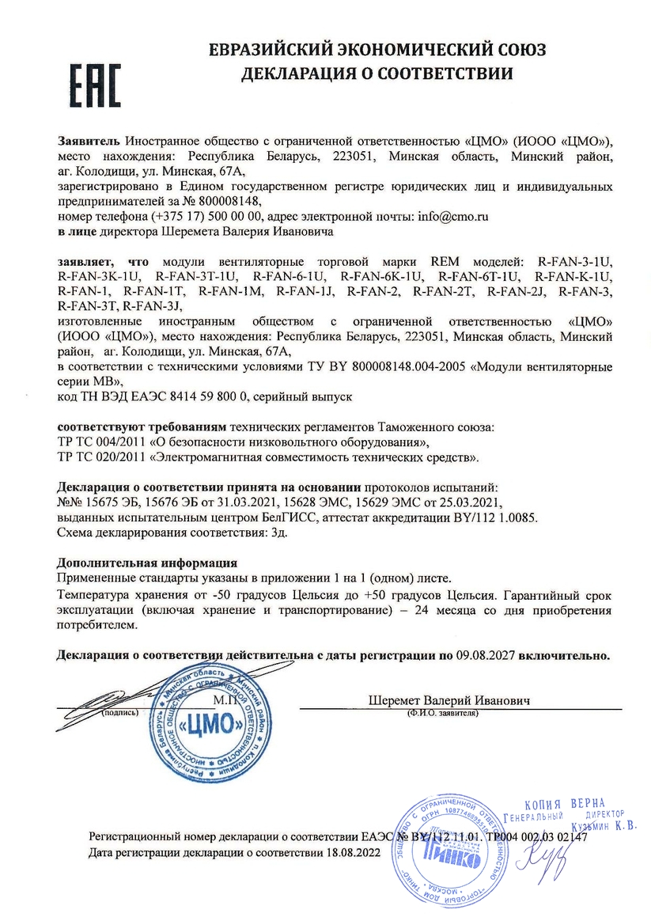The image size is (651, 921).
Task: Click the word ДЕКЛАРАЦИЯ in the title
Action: point(297,74)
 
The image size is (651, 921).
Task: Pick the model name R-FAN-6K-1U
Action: point(383,276)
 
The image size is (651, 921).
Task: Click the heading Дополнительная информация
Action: point(148,563)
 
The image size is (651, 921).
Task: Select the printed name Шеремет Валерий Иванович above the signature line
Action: point(449,701)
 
